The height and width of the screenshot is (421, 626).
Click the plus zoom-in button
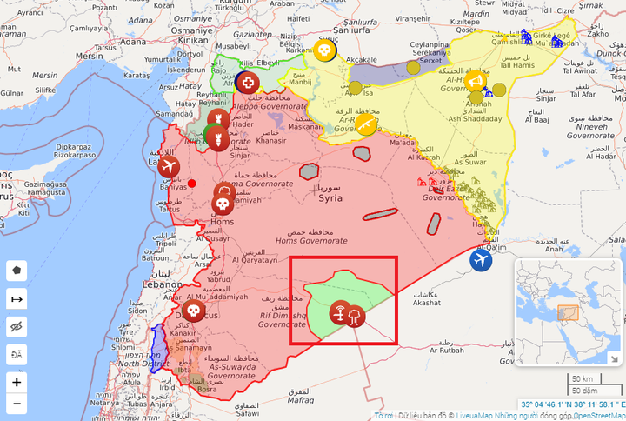coord(17,382)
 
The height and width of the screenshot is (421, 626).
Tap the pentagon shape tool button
coord(17,270)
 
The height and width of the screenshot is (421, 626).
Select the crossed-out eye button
coord(17,326)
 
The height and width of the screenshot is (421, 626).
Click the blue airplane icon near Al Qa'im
coord(481,259)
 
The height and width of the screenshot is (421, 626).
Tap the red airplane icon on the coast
coord(169,166)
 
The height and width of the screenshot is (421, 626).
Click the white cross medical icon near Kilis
coord(250,83)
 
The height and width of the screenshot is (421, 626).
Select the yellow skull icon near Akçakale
coord(324,52)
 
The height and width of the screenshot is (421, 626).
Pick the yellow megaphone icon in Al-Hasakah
coord(475,82)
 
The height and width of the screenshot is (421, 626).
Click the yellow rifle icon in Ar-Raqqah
coord(366,127)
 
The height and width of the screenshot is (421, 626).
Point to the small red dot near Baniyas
coord(192,183)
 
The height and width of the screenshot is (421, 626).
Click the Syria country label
coord(330,198)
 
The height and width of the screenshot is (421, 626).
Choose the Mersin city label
coord(89,56)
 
